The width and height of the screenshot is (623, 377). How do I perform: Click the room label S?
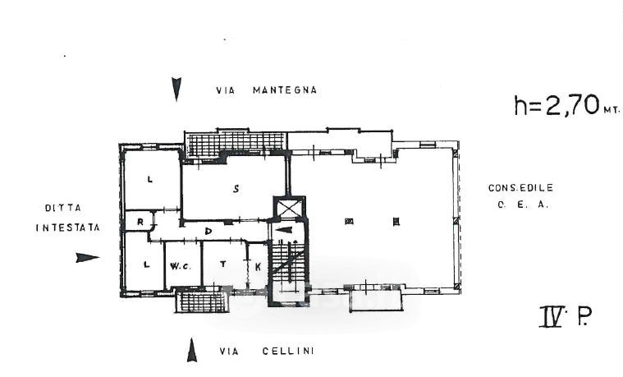click(x=236, y=189)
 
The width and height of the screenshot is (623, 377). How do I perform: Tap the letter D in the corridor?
click(x=208, y=231)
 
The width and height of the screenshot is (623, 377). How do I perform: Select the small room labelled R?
click(x=141, y=221)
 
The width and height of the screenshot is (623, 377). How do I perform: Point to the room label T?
click(x=222, y=264)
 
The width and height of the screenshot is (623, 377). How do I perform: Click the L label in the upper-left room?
click(x=150, y=178)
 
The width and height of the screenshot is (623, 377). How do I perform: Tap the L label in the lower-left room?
click(x=147, y=264)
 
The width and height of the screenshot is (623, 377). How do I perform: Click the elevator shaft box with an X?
click(x=290, y=209)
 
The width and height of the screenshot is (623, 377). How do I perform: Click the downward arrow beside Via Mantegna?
click(x=176, y=89)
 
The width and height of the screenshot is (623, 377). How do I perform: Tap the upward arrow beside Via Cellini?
click(x=192, y=351)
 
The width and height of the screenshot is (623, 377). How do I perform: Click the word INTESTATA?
click(x=67, y=228)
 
